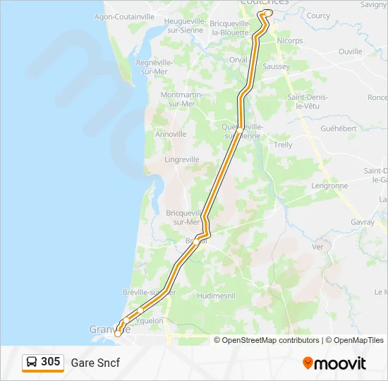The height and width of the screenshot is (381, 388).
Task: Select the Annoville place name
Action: pyautogui.click(x=171, y=134)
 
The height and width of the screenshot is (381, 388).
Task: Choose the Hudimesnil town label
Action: pyautogui.click(x=217, y=296)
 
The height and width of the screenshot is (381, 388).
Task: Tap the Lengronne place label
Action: pyautogui.click(x=329, y=186)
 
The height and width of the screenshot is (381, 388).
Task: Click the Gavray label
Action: pyautogui.click(x=361, y=222)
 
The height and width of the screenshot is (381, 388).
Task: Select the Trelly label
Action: pyautogui.click(x=283, y=145)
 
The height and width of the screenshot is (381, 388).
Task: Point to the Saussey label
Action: pyautogui.click(x=276, y=66)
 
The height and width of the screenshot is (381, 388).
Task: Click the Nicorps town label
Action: pyautogui.click(x=290, y=41)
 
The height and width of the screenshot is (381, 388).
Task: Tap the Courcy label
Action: pyautogui.click(x=318, y=16)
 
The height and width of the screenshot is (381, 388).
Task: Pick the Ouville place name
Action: pyautogui.click(x=350, y=52)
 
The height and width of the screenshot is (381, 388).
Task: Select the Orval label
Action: pyautogui.click(x=238, y=60)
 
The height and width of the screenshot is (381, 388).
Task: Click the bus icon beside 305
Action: pyautogui.click(x=32, y=363)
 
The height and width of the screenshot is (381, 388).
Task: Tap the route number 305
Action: pyautogui.click(x=50, y=362)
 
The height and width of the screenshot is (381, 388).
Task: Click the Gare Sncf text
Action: pyautogui.click(x=95, y=363)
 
